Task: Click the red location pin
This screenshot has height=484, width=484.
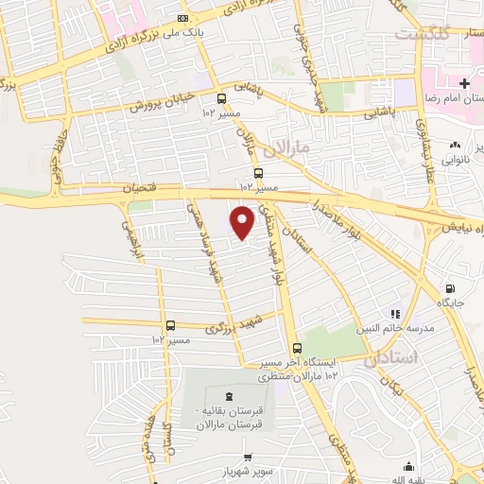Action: [x=244, y=221]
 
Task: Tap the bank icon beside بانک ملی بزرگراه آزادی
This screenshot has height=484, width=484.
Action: [x=182, y=17]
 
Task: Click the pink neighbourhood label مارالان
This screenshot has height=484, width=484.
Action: [x=280, y=148]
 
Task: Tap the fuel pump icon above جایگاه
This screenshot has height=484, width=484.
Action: [x=449, y=289]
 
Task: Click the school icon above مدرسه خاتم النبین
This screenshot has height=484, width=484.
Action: [x=396, y=314]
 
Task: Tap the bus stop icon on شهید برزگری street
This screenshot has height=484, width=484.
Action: [x=171, y=324]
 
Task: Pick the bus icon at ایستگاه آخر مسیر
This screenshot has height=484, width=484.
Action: [x=297, y=347]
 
